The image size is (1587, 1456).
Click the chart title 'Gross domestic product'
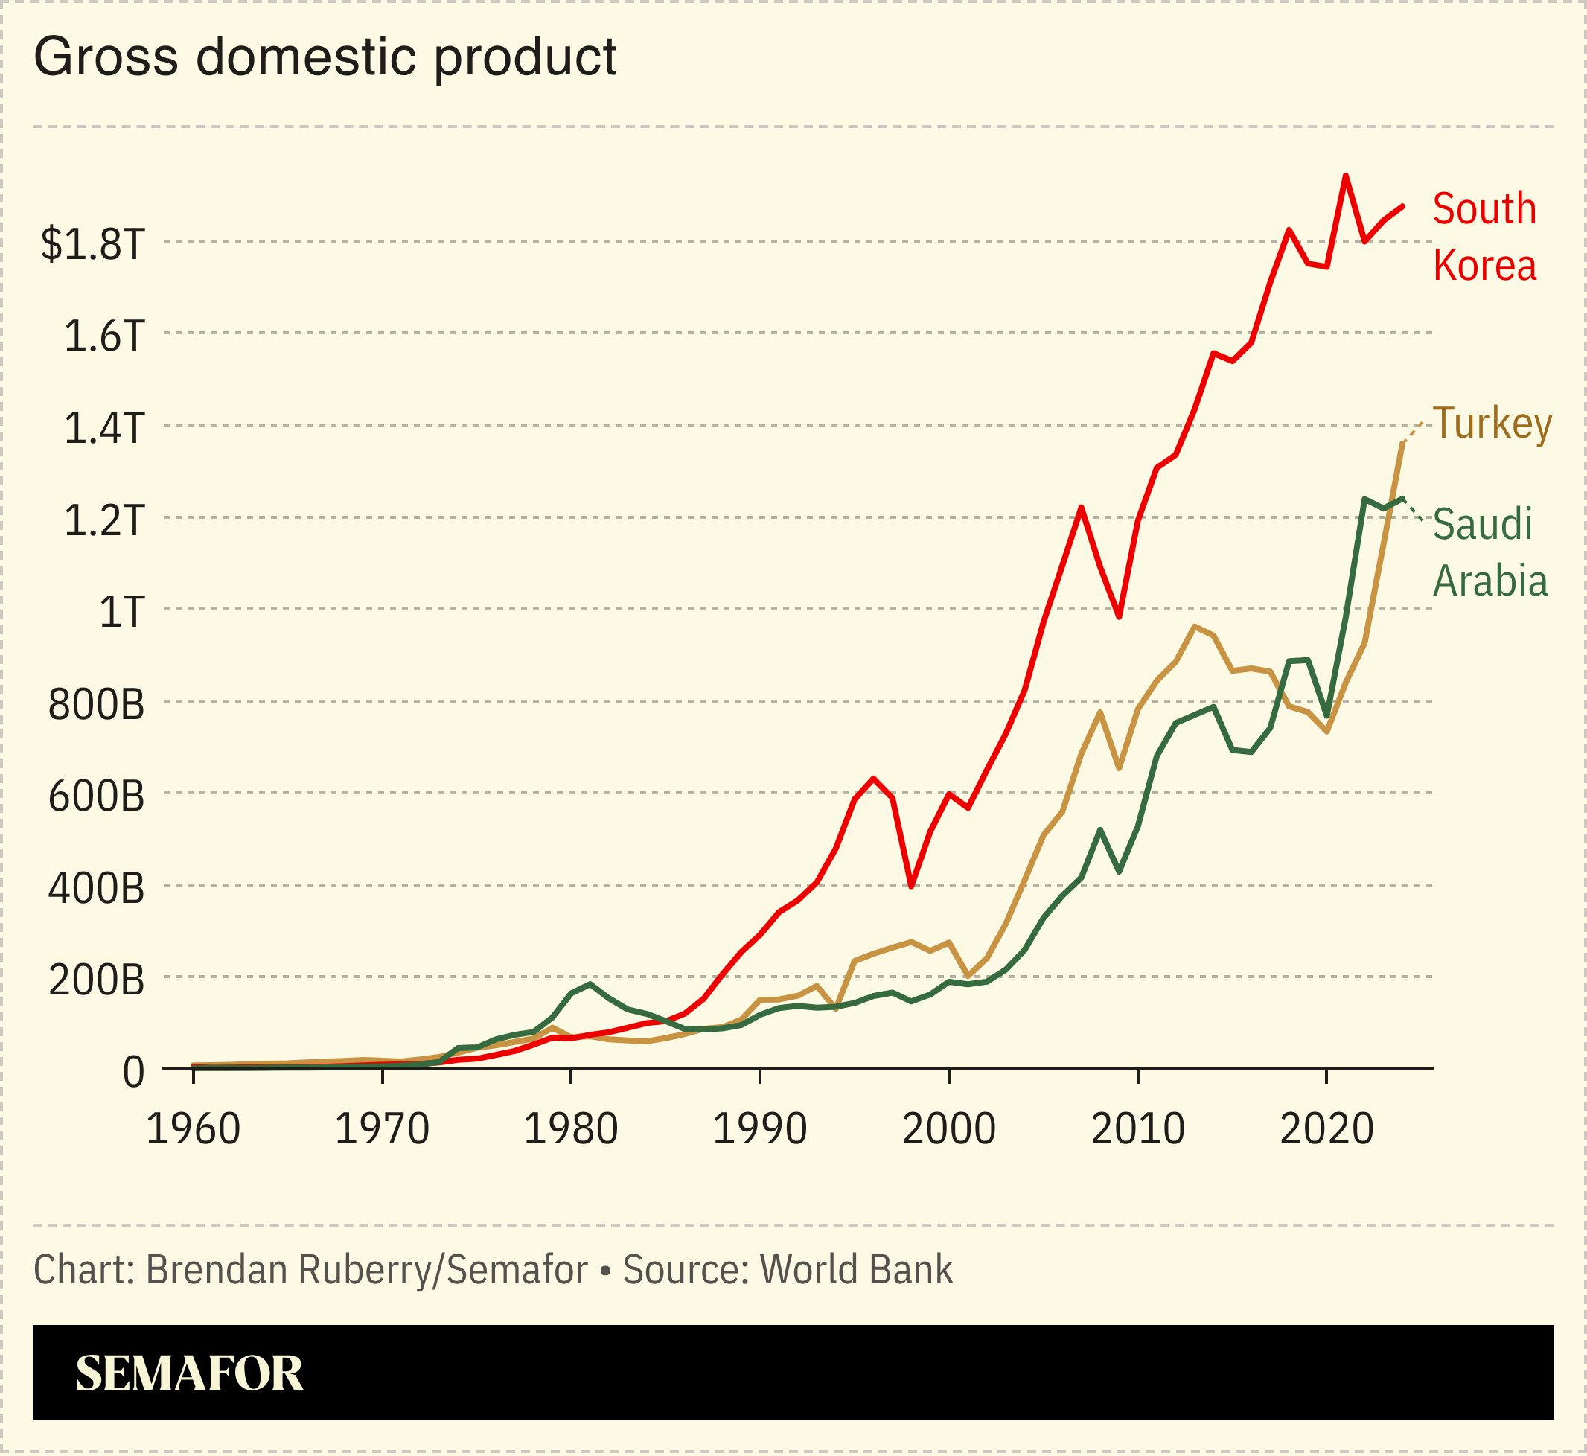coord(325,57)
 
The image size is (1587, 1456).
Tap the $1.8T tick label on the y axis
coord(93,243)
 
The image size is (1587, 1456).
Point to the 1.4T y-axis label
coord(104,428)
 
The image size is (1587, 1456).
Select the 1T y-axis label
coord(121,612)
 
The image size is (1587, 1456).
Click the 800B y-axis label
coord(96,704)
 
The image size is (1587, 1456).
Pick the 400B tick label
coord(96,889)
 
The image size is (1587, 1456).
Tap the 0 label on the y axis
coord(133,1073)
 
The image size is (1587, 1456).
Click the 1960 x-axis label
coord(193,1129)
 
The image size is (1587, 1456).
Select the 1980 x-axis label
coord(570,1129)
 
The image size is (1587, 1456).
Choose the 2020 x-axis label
coord(1326,1129)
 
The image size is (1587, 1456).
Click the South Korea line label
coord(1484,237)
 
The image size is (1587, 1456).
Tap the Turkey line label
coord(1492,423)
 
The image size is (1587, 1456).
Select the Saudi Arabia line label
coord(1489,552)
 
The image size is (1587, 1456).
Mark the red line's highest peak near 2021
coord(1345,176)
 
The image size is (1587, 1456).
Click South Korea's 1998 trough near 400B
coord(911,886)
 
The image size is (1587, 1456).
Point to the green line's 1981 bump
coord(590,984)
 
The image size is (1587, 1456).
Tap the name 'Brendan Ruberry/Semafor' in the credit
coord(366,1269)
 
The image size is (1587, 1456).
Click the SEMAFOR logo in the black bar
coord(189,1373)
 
